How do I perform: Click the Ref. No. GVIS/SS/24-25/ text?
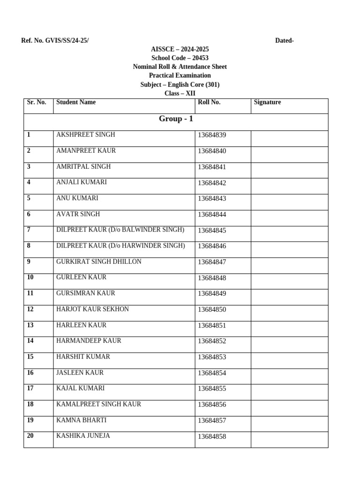(x=55, y=41)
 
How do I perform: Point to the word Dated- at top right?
(x=285, y=41)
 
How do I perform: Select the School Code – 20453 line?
(x=180, y=58)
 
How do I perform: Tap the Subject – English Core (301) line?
(x=180, y=85)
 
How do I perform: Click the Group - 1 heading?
(x=176, y=119)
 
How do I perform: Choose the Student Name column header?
(x=76, y=102)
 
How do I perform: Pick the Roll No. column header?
(x=209, y=102)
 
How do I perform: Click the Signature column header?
(x=267, y=102)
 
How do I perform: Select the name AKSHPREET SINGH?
(x=86, y=135)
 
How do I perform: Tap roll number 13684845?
(x=212, y=230)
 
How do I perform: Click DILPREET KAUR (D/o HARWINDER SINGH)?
(x=120, y=246)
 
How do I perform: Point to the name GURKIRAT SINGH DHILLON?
(x=99, y=262)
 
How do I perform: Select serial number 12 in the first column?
(x=30, y=309)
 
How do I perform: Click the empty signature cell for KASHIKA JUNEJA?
(x=289, y=440)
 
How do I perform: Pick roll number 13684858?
(x=212, y=436)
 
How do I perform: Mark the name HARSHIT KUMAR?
(x=83, y=357)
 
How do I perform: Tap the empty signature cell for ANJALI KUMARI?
(x=289, y=186)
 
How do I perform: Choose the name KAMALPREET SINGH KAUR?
(x=99, y=404)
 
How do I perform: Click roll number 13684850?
(x=212, y=309)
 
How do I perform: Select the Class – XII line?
(x=180, y=94)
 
